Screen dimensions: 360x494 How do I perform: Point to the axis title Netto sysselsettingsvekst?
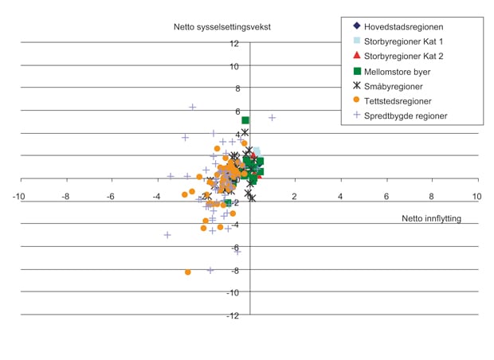[222, 26]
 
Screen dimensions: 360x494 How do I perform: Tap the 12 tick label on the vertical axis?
[234, 43]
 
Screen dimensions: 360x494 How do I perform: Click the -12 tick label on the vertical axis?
[232, 315]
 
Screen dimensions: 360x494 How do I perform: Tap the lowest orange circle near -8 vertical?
[188, 272]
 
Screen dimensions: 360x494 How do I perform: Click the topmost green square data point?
[246, 120]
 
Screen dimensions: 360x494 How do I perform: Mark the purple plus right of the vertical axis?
[272, 118]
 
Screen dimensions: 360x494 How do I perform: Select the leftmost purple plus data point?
[167, 235]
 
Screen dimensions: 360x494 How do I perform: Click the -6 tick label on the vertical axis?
[234, 248]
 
